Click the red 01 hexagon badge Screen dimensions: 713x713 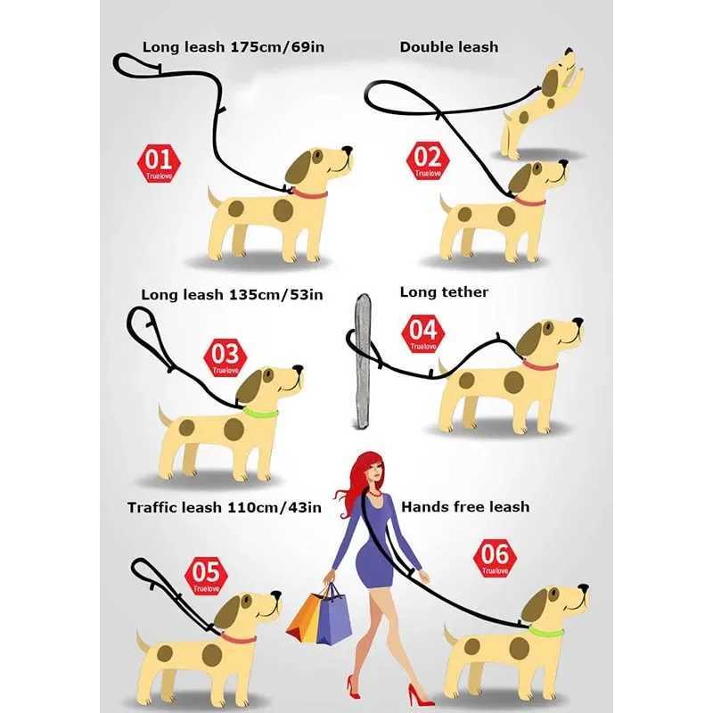[x=159, y=163]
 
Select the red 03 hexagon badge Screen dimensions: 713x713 [x=225, y=356]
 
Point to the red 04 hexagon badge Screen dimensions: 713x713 [x=422, y=334]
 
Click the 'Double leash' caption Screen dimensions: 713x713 [x=448, y=47]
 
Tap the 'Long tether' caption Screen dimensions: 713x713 [x=444, y=291]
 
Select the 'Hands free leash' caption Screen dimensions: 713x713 [x=465, y=506]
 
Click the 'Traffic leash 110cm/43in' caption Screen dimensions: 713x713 [x=224, y=508]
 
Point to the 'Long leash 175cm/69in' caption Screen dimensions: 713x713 [x=233, y=46]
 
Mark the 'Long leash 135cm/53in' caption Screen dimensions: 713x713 [x=232, y=294]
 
